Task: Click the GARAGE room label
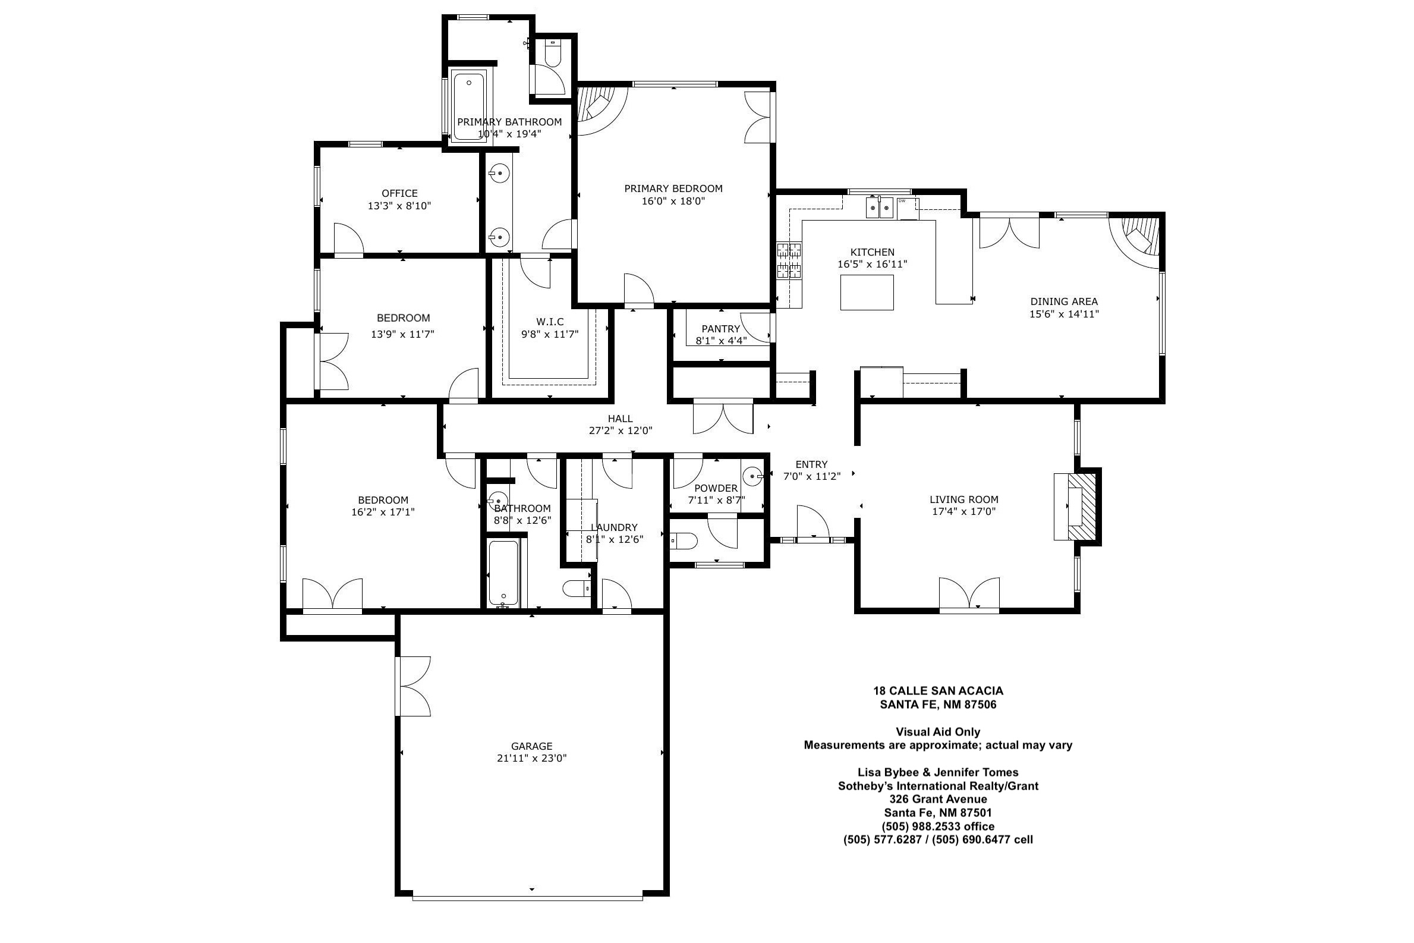531,746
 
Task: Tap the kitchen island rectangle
867,293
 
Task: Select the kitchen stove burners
789,260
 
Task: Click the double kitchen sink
879,208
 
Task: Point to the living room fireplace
1076,507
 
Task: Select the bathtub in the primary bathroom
469,106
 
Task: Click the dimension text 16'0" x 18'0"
673,201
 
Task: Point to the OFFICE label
400,193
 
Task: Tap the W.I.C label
549,322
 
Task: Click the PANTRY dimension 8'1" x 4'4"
721,340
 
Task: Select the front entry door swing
813,521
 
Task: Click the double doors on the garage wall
412,686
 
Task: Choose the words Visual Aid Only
938,732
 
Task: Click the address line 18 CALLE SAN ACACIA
938,691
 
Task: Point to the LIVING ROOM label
963,499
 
